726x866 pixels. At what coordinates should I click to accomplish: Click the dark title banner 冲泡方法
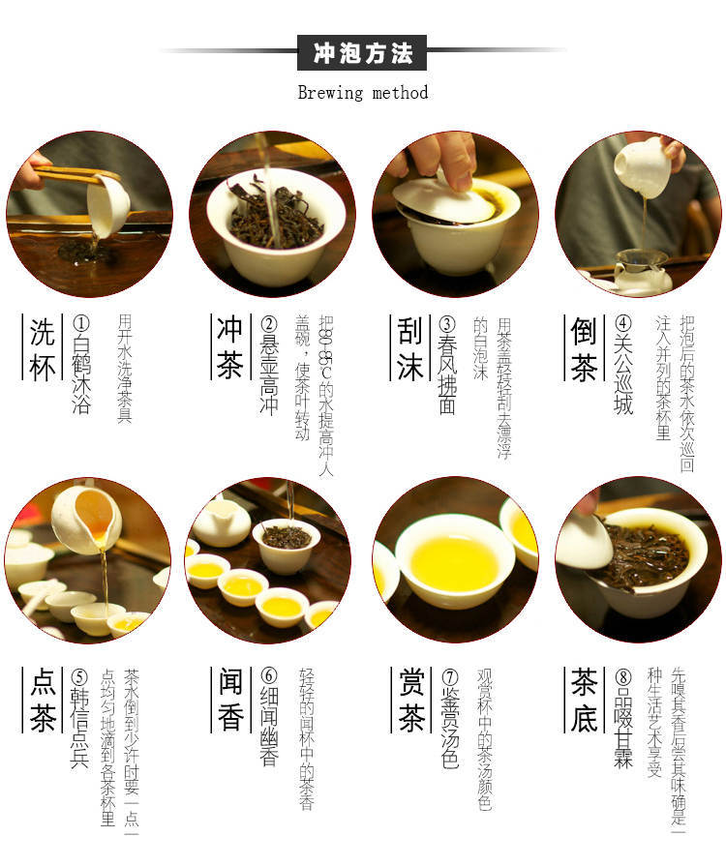click(362, 52)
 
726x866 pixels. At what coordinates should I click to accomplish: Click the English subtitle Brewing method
click(362, 92)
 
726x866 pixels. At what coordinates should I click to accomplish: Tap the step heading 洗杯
click(43, 349)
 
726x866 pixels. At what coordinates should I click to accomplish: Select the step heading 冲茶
click(229, 348)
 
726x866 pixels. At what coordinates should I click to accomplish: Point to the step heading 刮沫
click(410, 349)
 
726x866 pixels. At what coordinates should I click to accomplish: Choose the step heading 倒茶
click(584, 349)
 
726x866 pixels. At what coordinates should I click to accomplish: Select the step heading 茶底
click(584, 701)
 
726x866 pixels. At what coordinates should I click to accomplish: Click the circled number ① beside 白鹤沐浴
click(80, 323)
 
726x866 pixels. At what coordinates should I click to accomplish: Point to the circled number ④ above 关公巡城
click(622, 323)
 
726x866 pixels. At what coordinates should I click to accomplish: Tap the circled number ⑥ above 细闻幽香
click(268, 675)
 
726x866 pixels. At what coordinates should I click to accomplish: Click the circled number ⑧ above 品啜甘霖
click(622, 676)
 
